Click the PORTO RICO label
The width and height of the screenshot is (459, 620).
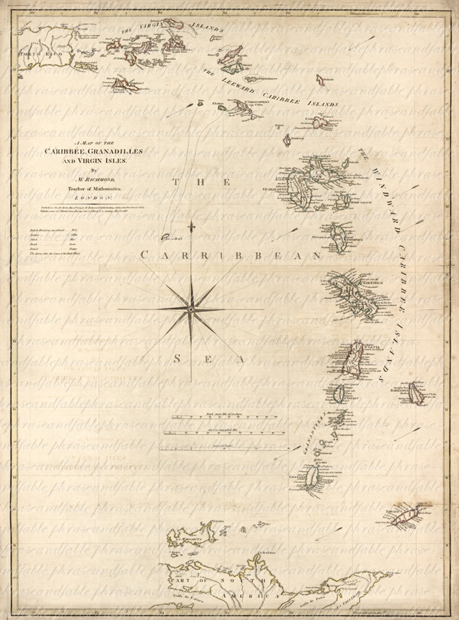[x=36, y=53]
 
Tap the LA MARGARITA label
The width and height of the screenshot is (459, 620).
[x=180, y=539]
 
